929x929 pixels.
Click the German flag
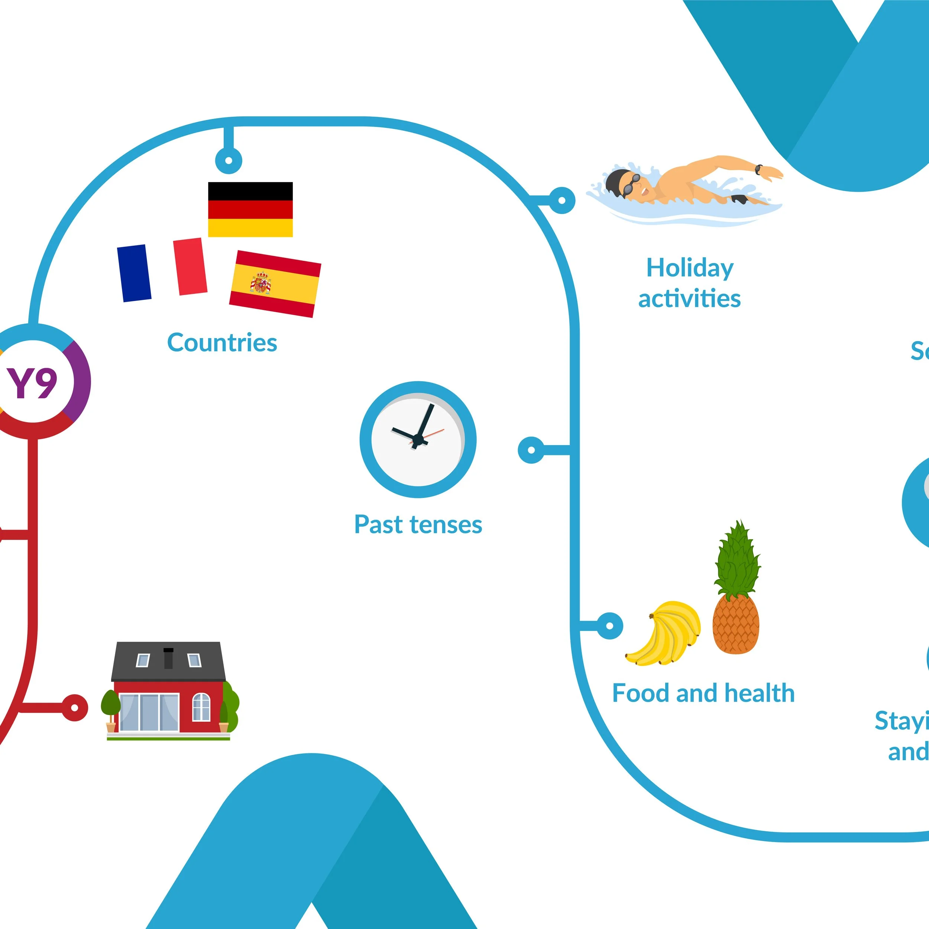[x=250, y=209]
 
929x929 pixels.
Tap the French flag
[x=162, y=270]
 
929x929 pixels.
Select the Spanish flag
[x=275, y=284]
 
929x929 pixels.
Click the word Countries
[x=222, y=343]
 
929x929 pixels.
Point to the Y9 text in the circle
[x=32, y=383]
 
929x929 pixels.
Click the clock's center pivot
[x=418, y=440]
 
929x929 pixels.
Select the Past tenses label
[x=418, y=525]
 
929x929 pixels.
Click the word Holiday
[x=690, y=268]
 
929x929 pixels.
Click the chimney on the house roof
[x=168, y=658]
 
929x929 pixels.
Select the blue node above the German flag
[x=229, y=160]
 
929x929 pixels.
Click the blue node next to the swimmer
[x=561, y=200]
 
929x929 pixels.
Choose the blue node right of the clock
[x=531, y=450]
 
